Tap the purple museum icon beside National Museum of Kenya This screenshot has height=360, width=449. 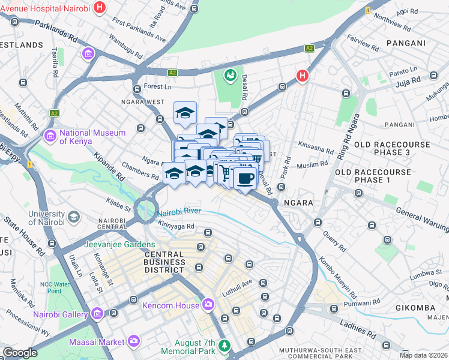click(50, 137)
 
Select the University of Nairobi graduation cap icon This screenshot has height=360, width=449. click(73, 216)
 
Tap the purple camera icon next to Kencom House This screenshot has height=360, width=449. click(208, 305)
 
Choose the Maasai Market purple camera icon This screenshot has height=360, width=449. click(133, 341)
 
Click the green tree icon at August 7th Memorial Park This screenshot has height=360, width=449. click(224, 346)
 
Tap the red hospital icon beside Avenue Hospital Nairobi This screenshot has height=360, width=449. click(100, 8)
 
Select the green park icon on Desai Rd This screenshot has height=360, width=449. click(229, 76)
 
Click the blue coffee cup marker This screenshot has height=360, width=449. click(244, 178)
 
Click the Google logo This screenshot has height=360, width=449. click(20, 353)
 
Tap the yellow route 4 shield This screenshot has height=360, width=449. click(367, 11)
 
